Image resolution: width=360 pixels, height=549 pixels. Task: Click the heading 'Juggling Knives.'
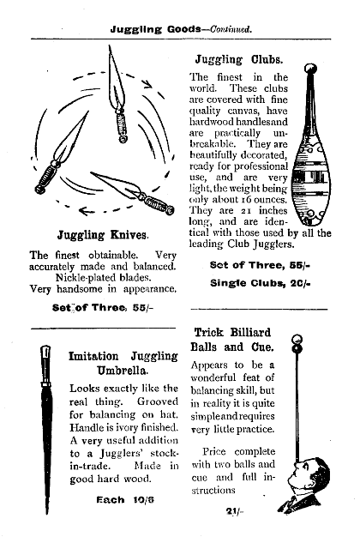[103, 233]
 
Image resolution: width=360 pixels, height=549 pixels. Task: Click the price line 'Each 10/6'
[122, 498]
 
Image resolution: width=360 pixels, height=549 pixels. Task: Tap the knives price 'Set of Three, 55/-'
[102, 306]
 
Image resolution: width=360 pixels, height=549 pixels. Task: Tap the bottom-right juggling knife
[133, 194]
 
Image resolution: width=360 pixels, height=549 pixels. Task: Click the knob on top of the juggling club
[310, 69]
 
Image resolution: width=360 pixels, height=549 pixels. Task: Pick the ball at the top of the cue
[297, 339]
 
